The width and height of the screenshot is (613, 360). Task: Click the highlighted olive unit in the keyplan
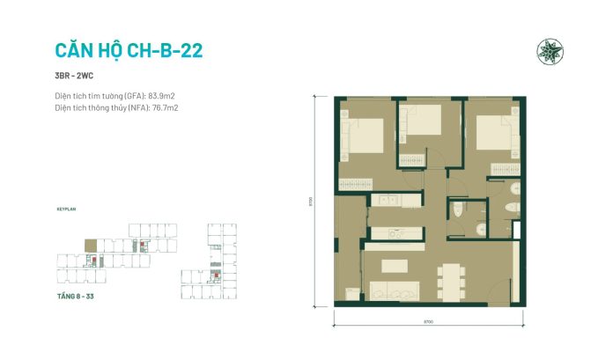(x=87, y=245)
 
